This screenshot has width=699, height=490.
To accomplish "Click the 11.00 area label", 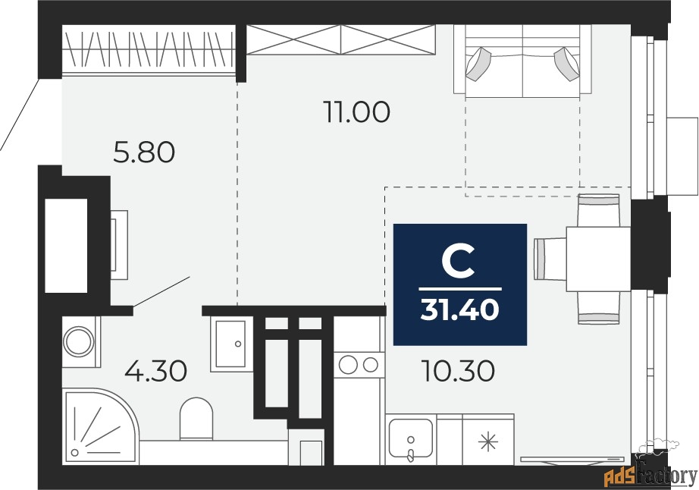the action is (x=357, y=112).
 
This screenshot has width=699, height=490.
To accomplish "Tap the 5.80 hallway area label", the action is (x=145, y=152).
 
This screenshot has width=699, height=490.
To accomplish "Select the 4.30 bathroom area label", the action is (x=155, y=372).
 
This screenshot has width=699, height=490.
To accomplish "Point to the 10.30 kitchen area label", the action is (x=458, y=372).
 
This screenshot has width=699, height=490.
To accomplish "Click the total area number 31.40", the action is (x=459, y=309).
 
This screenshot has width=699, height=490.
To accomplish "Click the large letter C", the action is (x=458, y=263).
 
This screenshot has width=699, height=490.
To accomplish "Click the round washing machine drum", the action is (x=79, y=342).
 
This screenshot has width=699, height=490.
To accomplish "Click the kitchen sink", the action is (x=411, y=438).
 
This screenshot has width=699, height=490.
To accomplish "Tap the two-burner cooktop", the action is (x=359, y=365).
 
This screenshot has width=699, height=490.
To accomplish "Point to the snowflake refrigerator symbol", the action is (x=488, y=442).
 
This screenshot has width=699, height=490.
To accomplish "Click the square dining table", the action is (x=598, y=259).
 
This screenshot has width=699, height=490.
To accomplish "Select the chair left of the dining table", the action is (x=550, y=259).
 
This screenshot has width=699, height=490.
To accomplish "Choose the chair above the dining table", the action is (x=598, y=210).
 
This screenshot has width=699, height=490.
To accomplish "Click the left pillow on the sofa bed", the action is (x=478, y=63).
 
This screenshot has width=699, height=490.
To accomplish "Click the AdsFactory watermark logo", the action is (x=650, y=474).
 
